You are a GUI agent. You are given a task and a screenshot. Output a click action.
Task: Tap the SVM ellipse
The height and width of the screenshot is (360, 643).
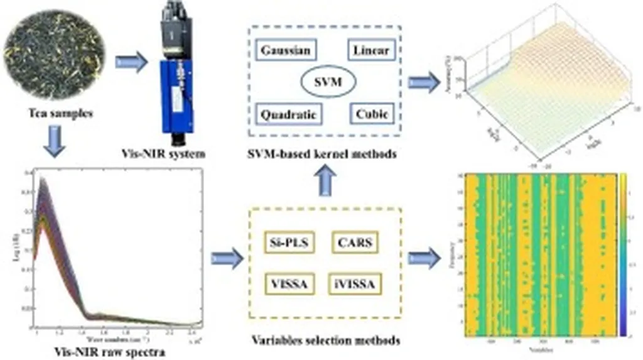click(328, 82)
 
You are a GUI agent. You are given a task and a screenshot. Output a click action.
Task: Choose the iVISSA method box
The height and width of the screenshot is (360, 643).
click(353, 284)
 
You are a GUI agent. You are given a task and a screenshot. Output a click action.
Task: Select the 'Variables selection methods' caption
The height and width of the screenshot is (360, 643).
click(326, 341)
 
